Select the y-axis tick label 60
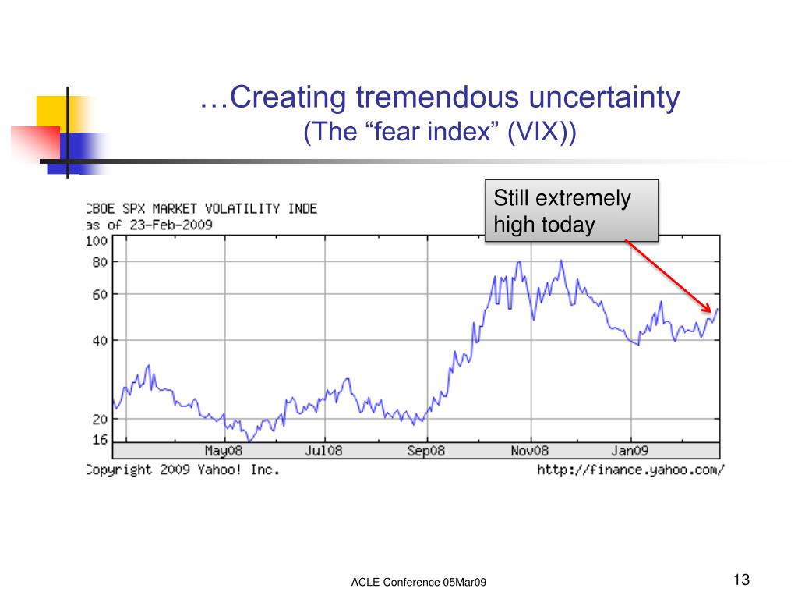(98, 294)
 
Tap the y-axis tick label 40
(98, 340)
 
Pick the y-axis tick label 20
(98, 419)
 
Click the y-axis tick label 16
(98, 440)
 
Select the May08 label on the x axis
(224, 451)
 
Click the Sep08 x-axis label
(425, 451)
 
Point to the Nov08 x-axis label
(530, 451)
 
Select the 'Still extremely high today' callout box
(571, 211)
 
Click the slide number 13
(740, 580)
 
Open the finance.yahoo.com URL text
(630, 470)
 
